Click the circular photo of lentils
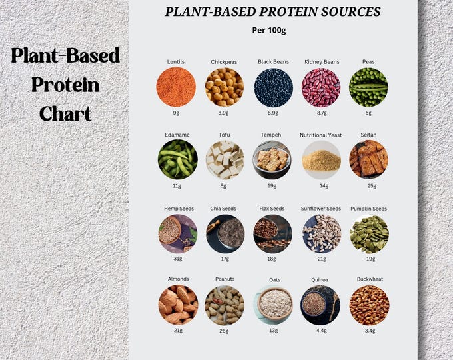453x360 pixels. point(176,87)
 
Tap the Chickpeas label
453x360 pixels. point(224,62)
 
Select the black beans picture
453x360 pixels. point(273,87)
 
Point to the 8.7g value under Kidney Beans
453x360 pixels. point(322,113)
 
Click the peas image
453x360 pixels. point(368,87)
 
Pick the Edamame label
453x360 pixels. point(177,135)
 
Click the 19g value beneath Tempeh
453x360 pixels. point(273,186)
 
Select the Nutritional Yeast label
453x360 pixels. point(321,135)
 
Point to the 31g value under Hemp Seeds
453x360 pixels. point(177,259)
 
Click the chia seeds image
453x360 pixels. point(225,233)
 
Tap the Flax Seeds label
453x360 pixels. point(272,208)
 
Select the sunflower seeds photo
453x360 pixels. point(321,233)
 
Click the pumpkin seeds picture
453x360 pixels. point(368,233)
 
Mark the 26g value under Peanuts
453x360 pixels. point(225,331)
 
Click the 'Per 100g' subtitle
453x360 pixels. point(273,31)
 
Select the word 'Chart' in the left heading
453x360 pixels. point(65,113)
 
